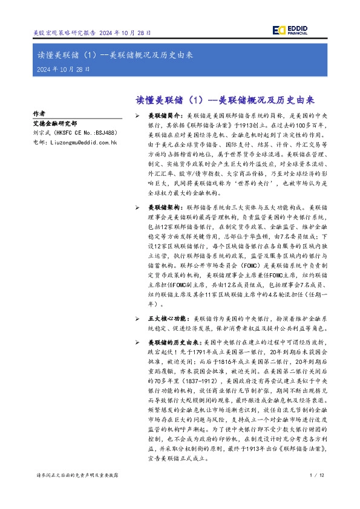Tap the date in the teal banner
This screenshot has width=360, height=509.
(64, 70)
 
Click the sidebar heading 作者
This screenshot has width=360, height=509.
(39, 114)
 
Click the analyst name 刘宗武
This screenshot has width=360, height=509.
(42, 132)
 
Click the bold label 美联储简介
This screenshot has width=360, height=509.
(165, 115)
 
